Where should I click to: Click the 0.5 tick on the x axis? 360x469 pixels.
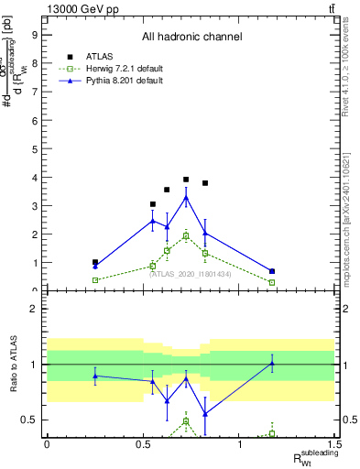[x=143, y=443]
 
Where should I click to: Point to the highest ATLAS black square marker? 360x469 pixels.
[x=186, y=180]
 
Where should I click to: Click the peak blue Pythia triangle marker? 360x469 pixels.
[x=186, y=197]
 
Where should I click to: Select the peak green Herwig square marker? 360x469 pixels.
[x=186, y=235]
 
